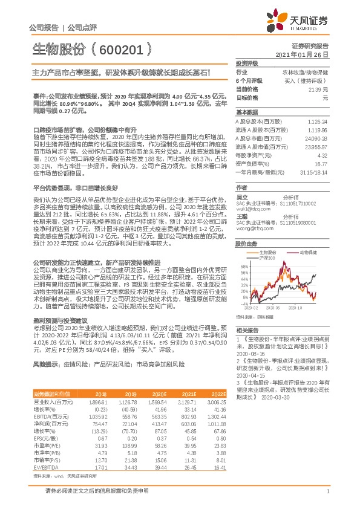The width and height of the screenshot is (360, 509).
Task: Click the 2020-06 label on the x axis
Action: pyautogui.click(x=275, y=308)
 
